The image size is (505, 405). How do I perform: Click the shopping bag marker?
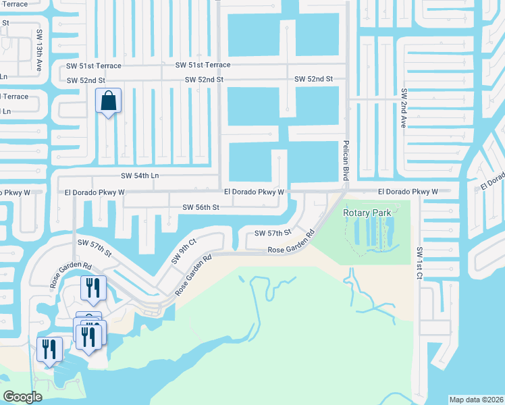click(x=108, y=102)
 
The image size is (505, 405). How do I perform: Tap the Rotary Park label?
click(x=367, y=213)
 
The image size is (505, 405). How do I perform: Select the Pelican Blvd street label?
click(x=346, y=159)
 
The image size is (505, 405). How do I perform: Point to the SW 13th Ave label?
click(x=40, y=50)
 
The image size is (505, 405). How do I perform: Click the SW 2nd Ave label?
click(x=403, y=108)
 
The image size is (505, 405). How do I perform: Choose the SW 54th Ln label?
click(x=139, y=175)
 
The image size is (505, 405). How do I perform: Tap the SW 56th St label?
click(x=201, y=207)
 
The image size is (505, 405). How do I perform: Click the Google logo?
click(x=22, y=396)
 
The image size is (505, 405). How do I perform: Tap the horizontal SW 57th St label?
click(x=272, y=233)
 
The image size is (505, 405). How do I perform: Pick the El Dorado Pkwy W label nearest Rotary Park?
click(x=404, y=192)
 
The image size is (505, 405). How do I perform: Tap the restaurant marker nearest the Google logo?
click(x=49, y=349)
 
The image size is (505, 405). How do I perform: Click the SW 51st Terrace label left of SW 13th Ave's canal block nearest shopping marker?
click(x=94, y=65)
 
